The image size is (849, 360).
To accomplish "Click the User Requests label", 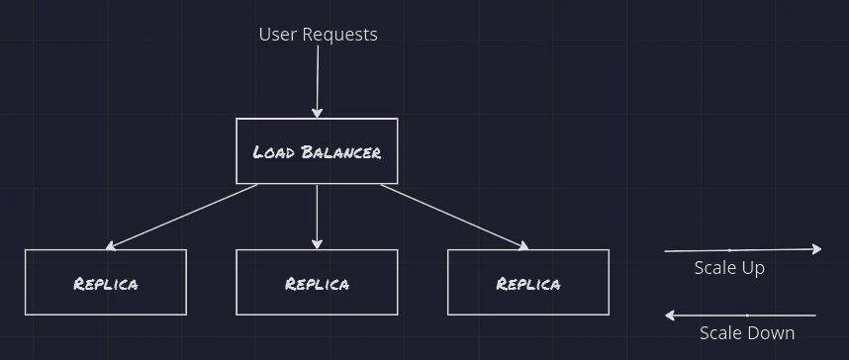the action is [x=318, y=34].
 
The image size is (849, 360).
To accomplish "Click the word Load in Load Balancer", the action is [x=274, y=152].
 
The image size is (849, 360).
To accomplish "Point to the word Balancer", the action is [x=341, y=152].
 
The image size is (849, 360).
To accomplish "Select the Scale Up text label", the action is [x=729, y=268].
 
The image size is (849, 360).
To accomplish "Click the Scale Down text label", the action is [x=747, y=333].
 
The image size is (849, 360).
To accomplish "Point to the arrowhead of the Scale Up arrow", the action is [x=817, y=249].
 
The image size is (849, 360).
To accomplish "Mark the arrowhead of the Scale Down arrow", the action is [x=669, y=315].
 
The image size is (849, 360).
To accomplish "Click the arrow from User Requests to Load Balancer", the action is [x=318, y=81].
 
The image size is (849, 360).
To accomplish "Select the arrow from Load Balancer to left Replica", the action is [x=181, y=217].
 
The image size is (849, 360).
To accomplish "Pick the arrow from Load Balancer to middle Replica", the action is [x=317, y=217].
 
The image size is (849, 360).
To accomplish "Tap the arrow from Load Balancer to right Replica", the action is [x=455, y=217].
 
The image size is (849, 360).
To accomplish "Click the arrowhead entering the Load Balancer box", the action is [x=318, y=113].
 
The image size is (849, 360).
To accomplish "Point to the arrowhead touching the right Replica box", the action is [x=523, y=246].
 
